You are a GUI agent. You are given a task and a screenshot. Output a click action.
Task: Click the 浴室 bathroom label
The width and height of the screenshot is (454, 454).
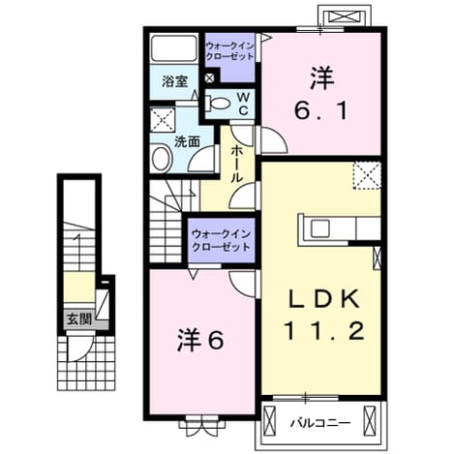click(x=174, y=81)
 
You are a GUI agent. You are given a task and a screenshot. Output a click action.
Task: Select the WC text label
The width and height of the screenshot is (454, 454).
click(x=243, y=104)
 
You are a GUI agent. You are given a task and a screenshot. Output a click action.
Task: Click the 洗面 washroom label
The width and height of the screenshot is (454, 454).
click(x=187, y=141)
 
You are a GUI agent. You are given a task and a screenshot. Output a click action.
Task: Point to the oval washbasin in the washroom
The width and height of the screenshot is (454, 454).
click(x=162, y=159)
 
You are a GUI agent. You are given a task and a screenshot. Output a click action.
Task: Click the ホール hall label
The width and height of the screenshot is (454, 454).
click(x=237, y=164)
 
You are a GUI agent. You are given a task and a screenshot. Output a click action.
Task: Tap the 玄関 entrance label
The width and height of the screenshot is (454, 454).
click(x=79, y=319)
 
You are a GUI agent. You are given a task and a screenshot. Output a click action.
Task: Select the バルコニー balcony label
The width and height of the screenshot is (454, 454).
click(x=319, y=422)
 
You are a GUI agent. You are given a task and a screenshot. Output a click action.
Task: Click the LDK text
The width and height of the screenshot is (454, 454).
click(x=324, y=299)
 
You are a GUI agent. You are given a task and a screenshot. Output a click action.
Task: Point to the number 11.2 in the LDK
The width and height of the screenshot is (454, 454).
click(x=324, y=331)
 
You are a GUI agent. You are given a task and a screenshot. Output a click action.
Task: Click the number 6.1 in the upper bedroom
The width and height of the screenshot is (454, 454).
click(x=321, y=110)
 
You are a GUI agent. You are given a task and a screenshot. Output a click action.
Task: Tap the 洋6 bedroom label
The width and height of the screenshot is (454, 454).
click(x=200, y=341)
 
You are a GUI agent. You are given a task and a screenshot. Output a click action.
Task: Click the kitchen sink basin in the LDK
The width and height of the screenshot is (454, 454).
click(x=319, y=228)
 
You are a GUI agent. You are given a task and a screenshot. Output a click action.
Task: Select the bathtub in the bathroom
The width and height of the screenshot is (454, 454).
click(x=174, y=48)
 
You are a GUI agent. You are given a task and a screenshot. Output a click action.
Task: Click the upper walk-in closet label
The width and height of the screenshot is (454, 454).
click(x=229, y=51)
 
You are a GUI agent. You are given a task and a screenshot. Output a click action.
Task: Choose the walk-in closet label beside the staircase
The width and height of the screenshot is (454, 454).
click(x=221, y=240)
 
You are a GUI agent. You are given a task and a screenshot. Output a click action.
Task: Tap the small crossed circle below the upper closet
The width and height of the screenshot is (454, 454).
click(x=210, y=78)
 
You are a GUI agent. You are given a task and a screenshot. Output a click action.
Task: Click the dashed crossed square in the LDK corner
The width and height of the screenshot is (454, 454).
click(x=367, y=175)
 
